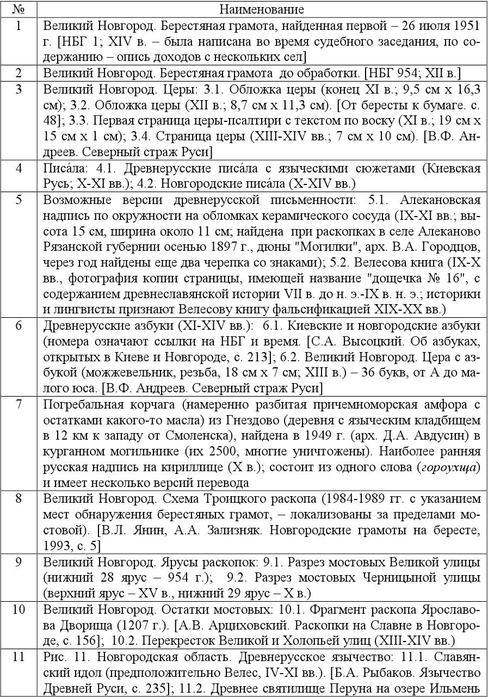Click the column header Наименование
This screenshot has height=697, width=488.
[x=261, y=9]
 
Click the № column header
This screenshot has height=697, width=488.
[x=18, y=9]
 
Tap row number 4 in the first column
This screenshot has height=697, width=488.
[x=18, y=168]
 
